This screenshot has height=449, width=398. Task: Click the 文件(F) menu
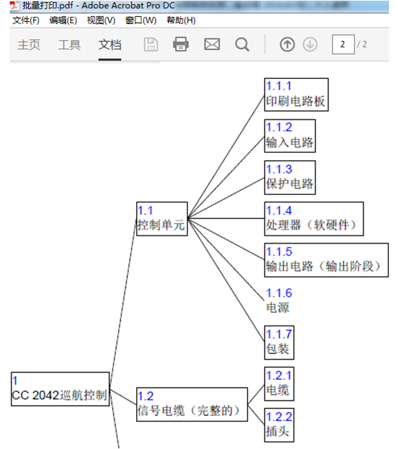click(25, 20)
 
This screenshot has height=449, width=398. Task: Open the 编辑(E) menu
click(63, 20)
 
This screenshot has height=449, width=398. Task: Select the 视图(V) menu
click(101, 20)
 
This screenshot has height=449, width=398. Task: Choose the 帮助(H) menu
click(181, 20)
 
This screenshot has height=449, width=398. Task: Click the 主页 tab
click(29, 45)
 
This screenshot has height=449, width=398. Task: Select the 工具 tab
click(69, 45)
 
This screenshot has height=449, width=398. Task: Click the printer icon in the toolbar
click(181, 44)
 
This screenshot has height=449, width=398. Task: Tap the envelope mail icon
click(212, 44)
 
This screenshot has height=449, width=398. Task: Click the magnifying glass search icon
click(242, 44)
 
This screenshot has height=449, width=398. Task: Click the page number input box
click(342, 44)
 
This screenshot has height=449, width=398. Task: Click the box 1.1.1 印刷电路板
click(296, 95)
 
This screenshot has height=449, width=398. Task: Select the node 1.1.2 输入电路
click(290, 135)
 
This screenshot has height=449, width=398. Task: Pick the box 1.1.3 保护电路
click(290, 177)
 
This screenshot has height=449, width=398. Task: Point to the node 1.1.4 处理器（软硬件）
click(314, 218)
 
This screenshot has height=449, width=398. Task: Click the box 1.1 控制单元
click(161, 219)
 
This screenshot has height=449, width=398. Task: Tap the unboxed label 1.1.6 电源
click(279, 301)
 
